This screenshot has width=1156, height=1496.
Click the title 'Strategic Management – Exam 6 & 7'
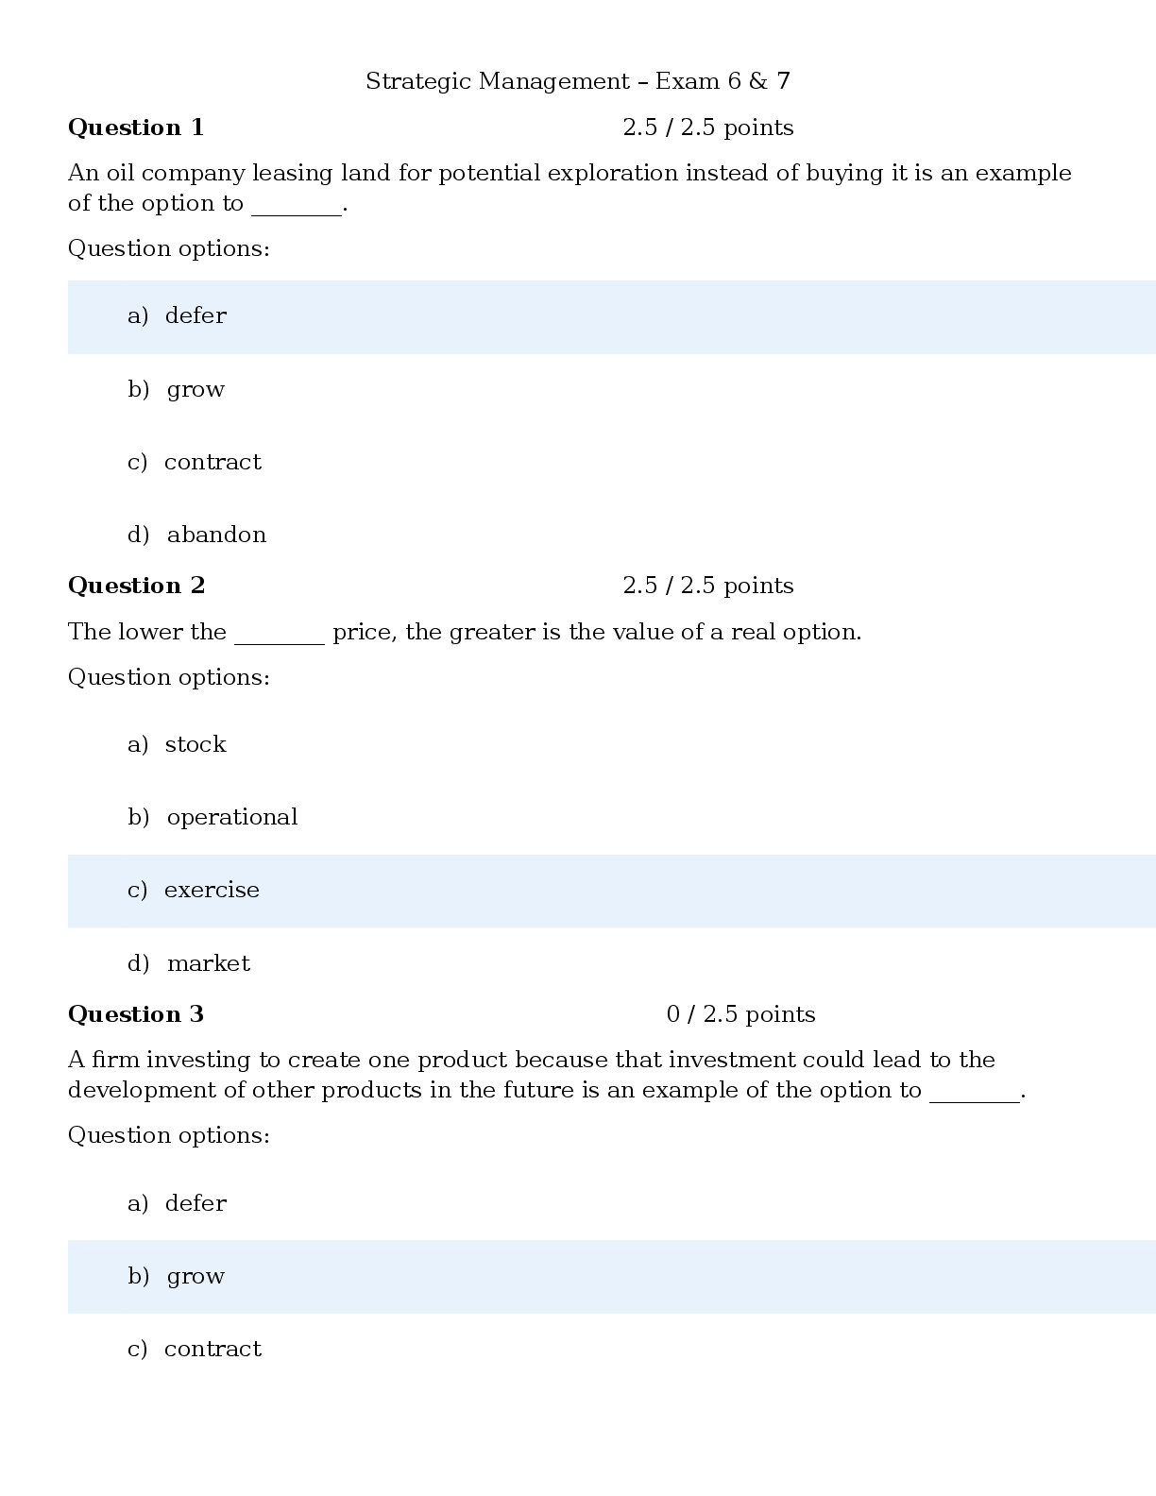[578, 81]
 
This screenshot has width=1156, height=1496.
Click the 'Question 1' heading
[136, 127]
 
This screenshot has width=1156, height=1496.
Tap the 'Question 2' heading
[136, 586]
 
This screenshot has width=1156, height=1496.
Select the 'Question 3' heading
[136, 1014]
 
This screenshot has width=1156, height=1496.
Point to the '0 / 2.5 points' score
[740, 1014]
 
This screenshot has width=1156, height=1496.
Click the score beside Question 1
[707, 127]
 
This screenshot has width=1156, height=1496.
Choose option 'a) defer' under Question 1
[177, 315]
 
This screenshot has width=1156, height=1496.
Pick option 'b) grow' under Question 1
[177, 390]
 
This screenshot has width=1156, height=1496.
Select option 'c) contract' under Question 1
[195, 461]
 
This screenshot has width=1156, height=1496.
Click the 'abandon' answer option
[217, 535]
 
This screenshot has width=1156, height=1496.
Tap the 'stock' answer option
[195, 744]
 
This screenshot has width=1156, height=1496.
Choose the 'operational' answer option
[232, 817]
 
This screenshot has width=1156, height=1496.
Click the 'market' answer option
[209, 963]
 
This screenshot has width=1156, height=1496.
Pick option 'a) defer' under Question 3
[177, 1202]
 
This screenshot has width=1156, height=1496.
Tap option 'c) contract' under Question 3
[195, 1349]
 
